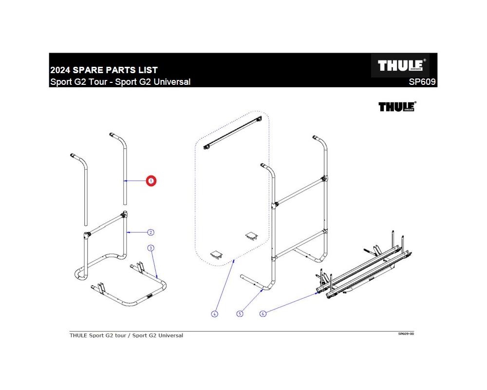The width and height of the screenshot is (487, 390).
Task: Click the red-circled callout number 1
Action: coord(151,181)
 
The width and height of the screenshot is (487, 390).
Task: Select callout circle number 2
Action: coord(151,233)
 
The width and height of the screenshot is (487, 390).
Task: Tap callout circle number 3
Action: coord(151,248)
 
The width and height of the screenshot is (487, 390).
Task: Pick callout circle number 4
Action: coord(215,314)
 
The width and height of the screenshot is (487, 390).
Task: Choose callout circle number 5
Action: coord(240,314)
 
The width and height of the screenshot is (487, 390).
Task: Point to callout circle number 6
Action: coord(263,314)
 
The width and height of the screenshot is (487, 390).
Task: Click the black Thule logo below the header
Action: coord(397,107)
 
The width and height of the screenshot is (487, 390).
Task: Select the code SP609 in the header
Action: coord(422,82)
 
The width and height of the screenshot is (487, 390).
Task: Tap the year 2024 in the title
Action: coord(60,70)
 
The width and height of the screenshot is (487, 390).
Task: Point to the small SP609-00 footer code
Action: coord(406,334)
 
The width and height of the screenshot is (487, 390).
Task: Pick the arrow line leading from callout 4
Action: coord(225,288)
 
